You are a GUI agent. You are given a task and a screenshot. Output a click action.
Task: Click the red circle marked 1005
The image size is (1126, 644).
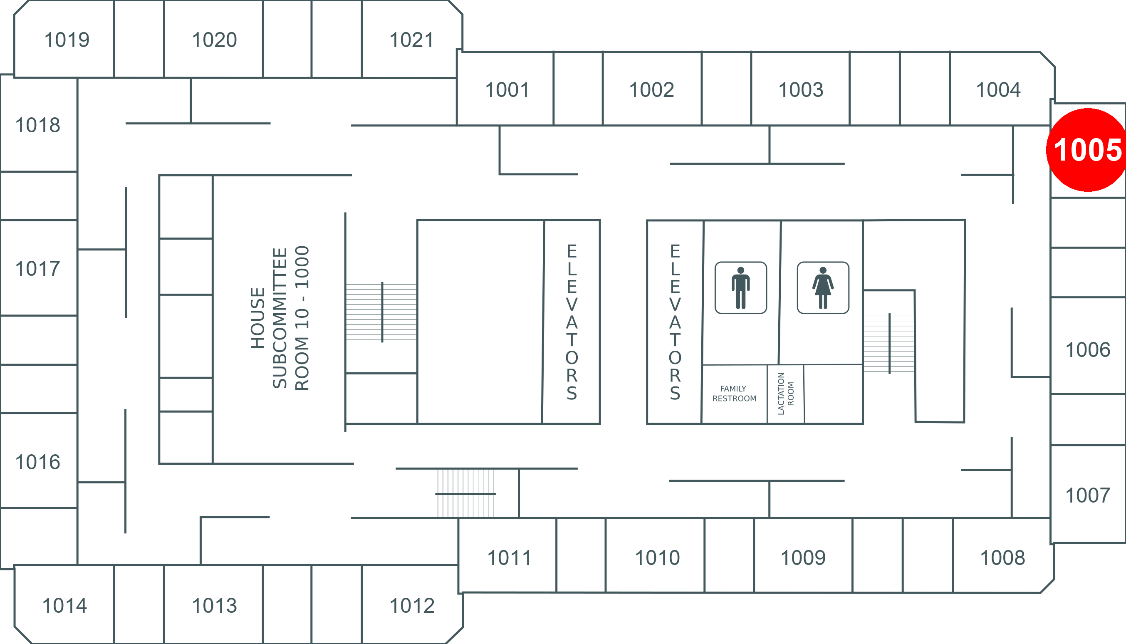[1087, 150]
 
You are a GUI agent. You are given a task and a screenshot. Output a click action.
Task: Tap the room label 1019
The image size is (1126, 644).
[67, 40]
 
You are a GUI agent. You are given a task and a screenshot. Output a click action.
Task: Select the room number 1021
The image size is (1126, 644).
[411, 40]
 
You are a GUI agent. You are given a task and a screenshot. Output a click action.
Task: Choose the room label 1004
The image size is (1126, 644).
[998, 90]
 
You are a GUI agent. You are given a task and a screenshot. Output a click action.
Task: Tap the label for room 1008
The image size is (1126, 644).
[1002, 558]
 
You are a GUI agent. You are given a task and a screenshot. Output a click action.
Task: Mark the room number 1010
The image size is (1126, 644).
[657, 558]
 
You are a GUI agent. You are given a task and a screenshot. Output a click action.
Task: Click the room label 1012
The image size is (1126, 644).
[412, 606]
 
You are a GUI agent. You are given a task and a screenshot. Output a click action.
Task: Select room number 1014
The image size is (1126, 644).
[64, 606]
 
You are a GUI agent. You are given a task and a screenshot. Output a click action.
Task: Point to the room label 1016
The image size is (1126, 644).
[37, 462]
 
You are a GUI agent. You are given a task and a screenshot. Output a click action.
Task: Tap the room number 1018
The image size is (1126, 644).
[37, 125]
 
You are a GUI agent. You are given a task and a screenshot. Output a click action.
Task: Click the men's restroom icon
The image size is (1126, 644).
[741, 288]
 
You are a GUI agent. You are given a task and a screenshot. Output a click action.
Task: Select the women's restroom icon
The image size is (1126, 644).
[823, 288]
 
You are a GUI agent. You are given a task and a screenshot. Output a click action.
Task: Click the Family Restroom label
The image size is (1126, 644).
[734, 394]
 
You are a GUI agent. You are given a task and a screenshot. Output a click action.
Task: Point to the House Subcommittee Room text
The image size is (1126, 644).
[280, 318]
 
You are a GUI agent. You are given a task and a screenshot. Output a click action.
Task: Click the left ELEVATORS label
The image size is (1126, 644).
[572, 322]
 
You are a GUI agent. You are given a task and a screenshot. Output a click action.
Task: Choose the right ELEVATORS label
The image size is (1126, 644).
[675, 322]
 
